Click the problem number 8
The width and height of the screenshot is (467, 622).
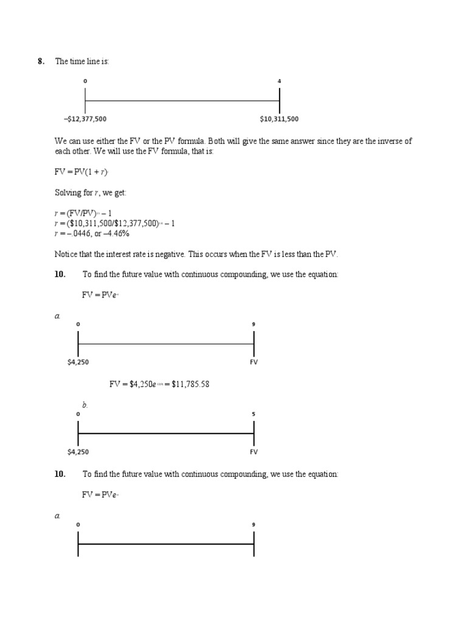pyautogui.click(x=41, y=61)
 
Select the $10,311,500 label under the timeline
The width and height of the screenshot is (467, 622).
pyautogui.click(x=279, y=119)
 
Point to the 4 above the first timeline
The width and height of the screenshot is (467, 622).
pyautogui.click(x=279, y=81)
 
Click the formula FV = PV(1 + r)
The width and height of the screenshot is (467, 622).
pyautogui.click(x=81, y=173)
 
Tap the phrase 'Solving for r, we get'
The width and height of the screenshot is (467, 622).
pyautogui.click(x=91, y=193)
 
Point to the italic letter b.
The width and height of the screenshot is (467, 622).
pyautogui.click(x=85, y=405)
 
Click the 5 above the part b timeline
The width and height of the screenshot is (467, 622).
pyautogui.click(x=254, y=414)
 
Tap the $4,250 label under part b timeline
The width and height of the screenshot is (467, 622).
pyautogui.click(x=78, y=452)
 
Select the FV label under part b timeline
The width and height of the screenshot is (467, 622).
pyautogui.click(x=254, y=452)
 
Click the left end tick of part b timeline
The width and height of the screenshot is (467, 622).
pyautogui.click(x=78, y=433)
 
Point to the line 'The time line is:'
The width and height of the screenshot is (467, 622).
pyautogui.click(x=82, y=61)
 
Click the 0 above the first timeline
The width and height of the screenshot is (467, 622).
pyautogui.click(x=85, y=81)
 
